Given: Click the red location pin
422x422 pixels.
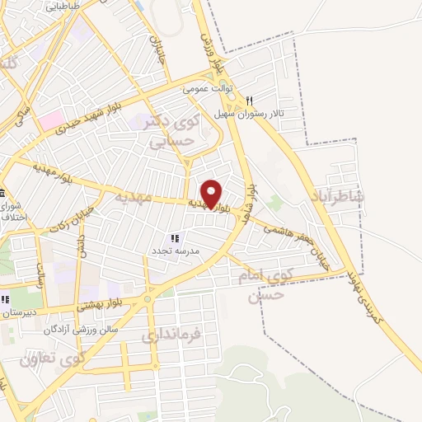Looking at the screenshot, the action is (x=212, y=194).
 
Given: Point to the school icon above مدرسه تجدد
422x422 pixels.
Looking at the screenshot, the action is (x=174, y=237).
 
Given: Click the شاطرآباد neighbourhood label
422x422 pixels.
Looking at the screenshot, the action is (x=338, y=196).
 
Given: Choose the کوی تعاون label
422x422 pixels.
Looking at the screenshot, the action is (x=53, y=359).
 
